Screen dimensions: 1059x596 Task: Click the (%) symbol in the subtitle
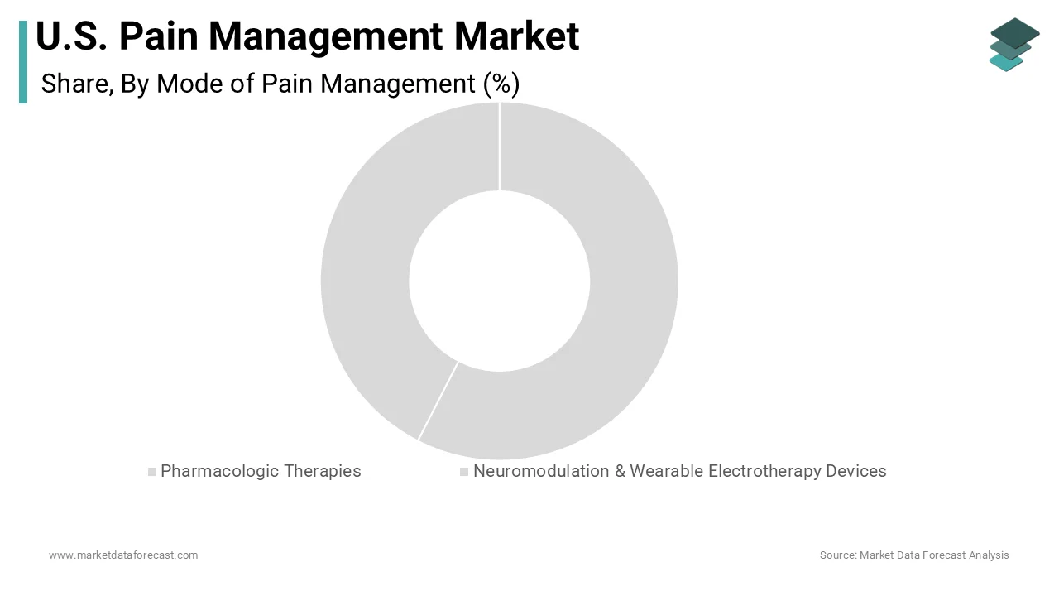pos(501,84)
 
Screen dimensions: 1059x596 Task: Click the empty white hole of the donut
pos(499,281)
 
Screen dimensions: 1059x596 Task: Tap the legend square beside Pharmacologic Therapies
pos(151,472)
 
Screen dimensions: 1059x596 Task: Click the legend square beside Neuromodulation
pos(464,472)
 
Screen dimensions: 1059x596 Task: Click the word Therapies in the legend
pos(323,471)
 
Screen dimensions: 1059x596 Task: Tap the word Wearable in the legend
pos(665,471)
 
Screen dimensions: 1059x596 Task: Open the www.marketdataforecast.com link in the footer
pos(123,555)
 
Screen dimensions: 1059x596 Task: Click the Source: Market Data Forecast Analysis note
pos(914,555)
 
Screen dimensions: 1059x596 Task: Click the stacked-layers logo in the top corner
pos(1013,44)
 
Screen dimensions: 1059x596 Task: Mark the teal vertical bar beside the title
pos(23,62)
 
